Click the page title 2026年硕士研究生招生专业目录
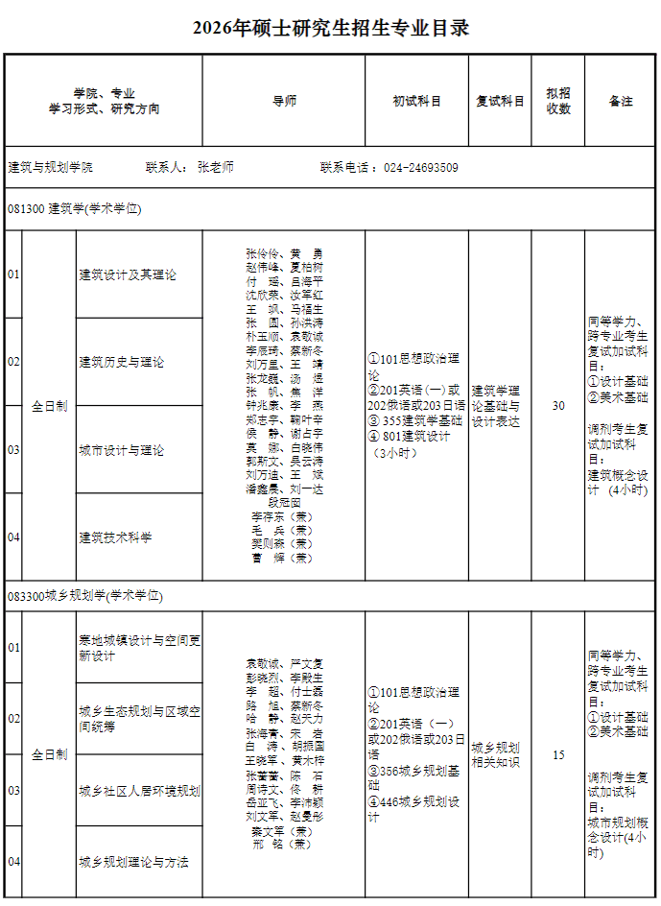[x=331, y=28]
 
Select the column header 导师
[x=284, y=101]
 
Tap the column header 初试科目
[x=417, y=101]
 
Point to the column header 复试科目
[x=501, y=101]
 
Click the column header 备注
[x=621, y=101]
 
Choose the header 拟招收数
[x=558, y=101]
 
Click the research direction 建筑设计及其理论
[x=128, y=275]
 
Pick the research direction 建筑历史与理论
[x=122, y=362]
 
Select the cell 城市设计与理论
[x=122, y=450]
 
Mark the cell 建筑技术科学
[x=116, y=537]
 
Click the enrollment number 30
[x=558, y=406]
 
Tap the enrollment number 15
[x=558, y=755]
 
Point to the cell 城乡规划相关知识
[x=496, y=755]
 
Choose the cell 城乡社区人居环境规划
[x=139, y=791]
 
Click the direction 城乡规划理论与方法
[x=133, y=862]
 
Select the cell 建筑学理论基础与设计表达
[x=496, y=406]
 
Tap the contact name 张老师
[x=216, y=167]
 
